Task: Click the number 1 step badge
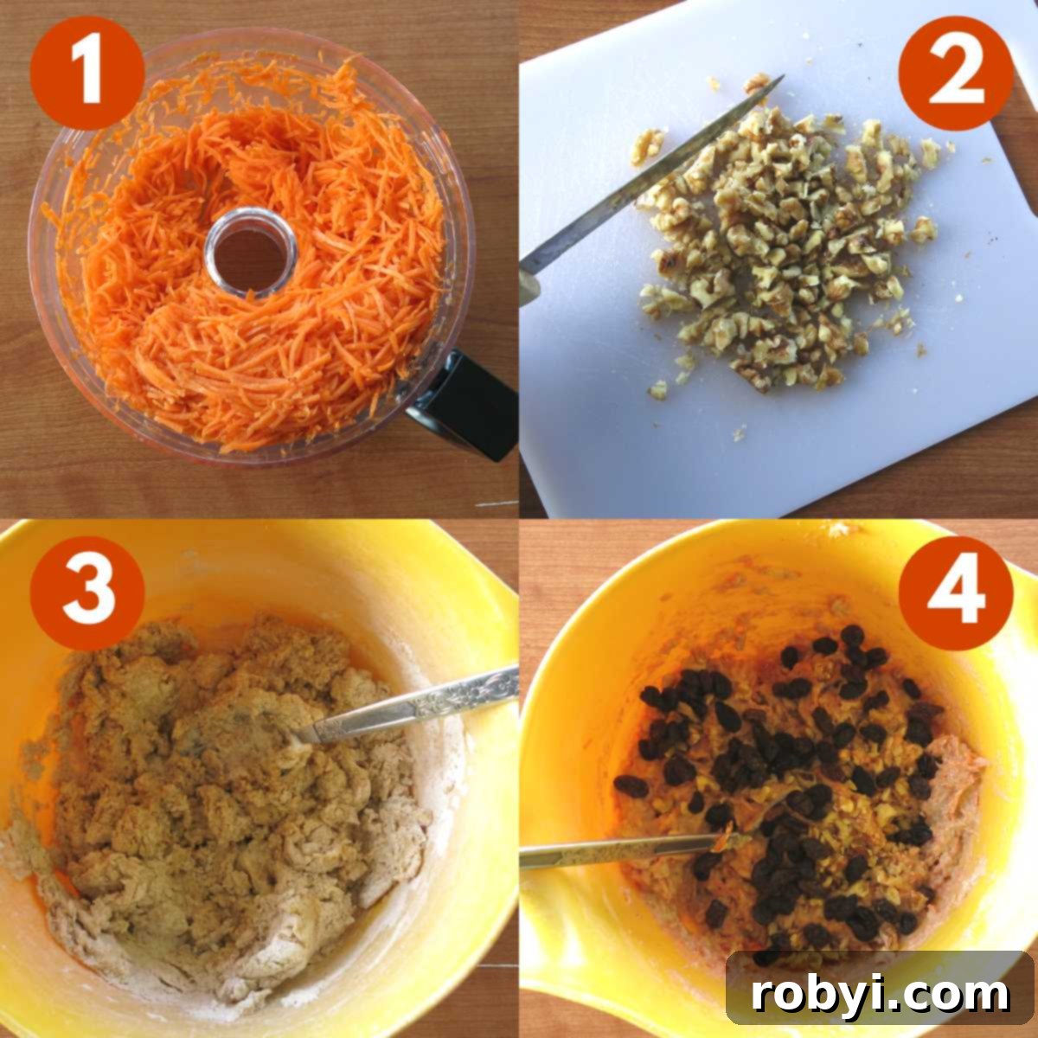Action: pos(86,73)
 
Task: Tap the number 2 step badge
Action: pos(955,73)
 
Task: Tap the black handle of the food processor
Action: pos(467,407)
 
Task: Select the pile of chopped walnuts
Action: pos(778,251)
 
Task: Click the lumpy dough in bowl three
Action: pos(216,778)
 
